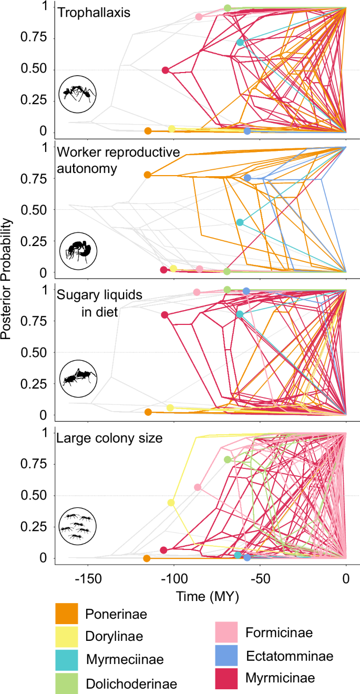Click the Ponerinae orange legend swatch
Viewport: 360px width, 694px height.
[66, 614]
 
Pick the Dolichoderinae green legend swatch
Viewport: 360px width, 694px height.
[66, 683]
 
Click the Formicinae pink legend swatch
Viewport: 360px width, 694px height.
[227, 632]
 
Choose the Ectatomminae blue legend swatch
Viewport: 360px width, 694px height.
[227, 656]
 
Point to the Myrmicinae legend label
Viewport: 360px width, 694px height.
[280, 678]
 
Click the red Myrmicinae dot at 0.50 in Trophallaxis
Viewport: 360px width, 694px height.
[165, 70]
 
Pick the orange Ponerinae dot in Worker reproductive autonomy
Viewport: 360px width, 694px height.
[148, 175]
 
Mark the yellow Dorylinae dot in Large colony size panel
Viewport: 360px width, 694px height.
[171, 503]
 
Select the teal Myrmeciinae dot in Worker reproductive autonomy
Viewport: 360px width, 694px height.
[240, 222]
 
